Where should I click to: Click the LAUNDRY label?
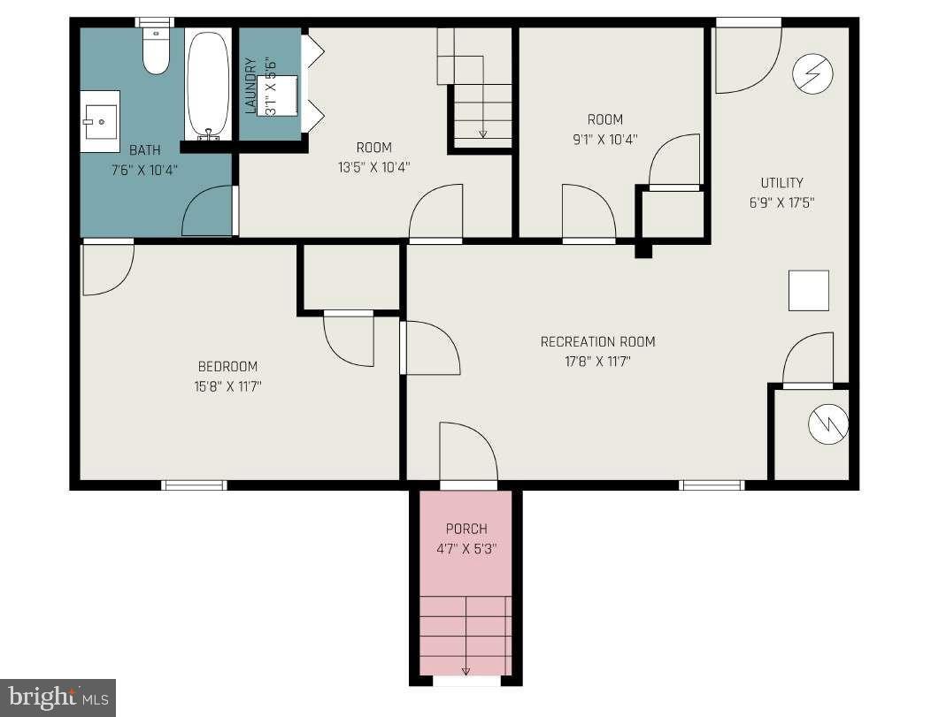[x=250, y=86]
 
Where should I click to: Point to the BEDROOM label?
[x=227, y=367]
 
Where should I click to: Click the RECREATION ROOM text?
[x=597, y=342]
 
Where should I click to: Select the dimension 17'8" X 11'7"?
[x=597, y=361]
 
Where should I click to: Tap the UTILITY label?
[x=781, y=183]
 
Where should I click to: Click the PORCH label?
[x=465, y=529]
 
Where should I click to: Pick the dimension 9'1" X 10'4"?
[x=604, y=138]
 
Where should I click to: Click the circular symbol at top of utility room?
[x=812, y=73]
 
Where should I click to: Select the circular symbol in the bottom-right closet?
[x=827, y=425]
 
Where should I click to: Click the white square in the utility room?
[x=808, y=291]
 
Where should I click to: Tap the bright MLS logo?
[x=57, y=698]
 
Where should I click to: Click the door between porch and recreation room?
[x=468, y=455]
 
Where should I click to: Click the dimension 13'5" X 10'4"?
[x=373, y=166]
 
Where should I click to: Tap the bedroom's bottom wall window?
[x=194, y=484]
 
